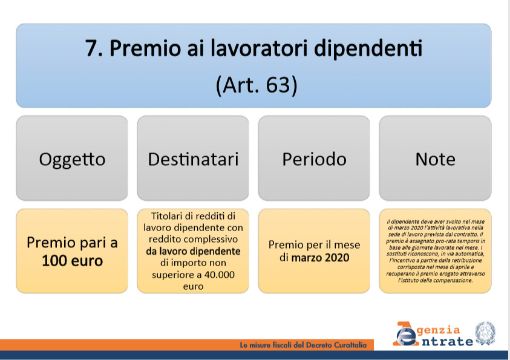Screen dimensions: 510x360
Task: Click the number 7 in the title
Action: pos(91,48)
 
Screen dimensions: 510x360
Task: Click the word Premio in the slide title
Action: pos(145,48)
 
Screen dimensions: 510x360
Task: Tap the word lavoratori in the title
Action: pos(259,48)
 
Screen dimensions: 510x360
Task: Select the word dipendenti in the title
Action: pos(368,49)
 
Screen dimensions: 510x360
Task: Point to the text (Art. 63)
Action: pos(257,85)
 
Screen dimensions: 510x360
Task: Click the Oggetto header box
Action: pos(72,158)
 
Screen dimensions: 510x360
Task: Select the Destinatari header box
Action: pos(193,158)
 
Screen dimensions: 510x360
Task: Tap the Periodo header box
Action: pos(314,158)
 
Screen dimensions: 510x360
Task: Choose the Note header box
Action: pos(435,158)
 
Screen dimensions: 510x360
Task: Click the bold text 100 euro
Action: pos(72,261)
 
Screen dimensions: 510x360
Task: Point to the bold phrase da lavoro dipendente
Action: pos(193,251)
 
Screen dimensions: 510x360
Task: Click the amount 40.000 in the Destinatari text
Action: pos(219,275)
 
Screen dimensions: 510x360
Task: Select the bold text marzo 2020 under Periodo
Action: pos(321,258)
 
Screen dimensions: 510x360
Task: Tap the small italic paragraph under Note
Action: pos(435,250)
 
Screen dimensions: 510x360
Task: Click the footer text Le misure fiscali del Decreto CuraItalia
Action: pos(303,345)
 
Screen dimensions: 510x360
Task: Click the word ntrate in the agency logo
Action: pos(448,341)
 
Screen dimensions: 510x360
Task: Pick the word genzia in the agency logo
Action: pos(439,330)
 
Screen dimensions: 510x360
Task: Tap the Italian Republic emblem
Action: pos(485,333)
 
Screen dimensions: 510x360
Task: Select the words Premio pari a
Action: pos(72,243)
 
